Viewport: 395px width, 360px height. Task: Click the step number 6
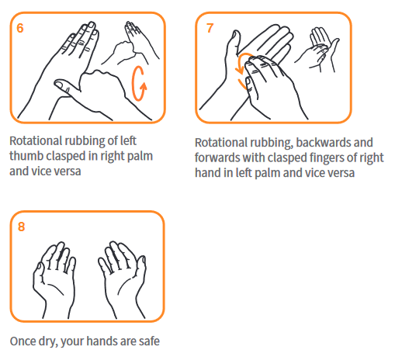pos(20,28)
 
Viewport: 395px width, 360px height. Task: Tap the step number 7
pos(210,28)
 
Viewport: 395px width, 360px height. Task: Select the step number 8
pos(21,227)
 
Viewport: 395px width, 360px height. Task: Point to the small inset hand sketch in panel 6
pos(130,43)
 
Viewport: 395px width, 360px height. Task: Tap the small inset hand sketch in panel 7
pos(317,50)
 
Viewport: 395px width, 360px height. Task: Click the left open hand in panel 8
pos(55,279)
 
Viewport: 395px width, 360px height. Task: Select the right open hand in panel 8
pos(123,279)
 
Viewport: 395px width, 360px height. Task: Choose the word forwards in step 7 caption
pos(217,157)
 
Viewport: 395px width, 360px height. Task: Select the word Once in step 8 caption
pos(23,341)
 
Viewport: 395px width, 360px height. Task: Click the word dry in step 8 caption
pos(48,341)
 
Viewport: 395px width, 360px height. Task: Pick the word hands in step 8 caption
pos(102,341)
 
